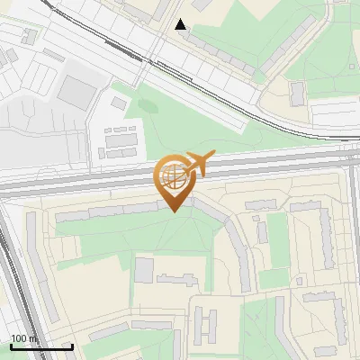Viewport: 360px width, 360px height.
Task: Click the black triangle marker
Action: [181, 24]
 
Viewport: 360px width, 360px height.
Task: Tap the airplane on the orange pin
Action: [197, 163]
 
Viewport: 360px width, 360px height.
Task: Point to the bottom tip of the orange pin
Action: [172, 211]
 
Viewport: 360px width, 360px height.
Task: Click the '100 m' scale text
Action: [24, 338]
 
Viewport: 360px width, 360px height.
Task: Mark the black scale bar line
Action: [41, 346]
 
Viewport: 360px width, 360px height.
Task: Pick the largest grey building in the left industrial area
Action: [78, 91]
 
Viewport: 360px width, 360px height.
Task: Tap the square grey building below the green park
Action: [144, 269]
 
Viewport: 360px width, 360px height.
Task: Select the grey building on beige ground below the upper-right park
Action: [298, 92]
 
